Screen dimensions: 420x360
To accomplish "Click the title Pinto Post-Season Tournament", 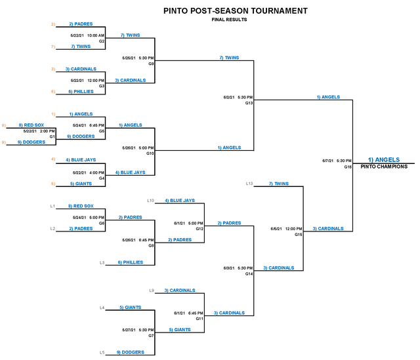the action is click(x=236, y=10).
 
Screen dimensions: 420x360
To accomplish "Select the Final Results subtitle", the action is click(x=229, y=20).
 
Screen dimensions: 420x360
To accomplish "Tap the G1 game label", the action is click(x=52, y=136).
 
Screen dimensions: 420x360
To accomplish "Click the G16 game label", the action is click(x=348, y=167).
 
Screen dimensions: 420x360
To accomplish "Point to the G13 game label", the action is click(x=249, y=103).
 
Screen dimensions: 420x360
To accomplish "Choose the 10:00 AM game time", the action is click(x=96, y=35).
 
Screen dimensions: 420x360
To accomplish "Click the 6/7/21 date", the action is click(x=327, y=161).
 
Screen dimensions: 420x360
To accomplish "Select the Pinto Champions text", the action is click(x=384, y=167).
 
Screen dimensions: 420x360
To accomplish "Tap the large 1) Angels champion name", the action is click(x=384, y=160).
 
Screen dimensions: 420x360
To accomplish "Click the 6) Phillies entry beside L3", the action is click(x=131, y=262).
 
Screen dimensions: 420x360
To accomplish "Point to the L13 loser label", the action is click(x=249, y=184).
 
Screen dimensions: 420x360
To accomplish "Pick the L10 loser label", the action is click(x=150, y=201).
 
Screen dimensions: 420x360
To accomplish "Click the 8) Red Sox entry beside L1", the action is click(x=81, y=206).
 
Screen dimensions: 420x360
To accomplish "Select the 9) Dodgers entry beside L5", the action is click(x=131, y=352).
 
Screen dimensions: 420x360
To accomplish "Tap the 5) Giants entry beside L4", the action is click(x=131, y=308).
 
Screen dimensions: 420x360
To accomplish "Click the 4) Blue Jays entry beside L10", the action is click(x=180, y=201).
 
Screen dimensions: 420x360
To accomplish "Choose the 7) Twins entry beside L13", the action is click(x=278, y=184).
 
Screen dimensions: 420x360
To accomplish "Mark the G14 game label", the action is click(x=249, y=274).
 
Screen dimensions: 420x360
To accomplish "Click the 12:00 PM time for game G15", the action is click(x=293, y=229).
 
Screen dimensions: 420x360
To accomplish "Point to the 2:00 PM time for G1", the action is click(x=47, y=131).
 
